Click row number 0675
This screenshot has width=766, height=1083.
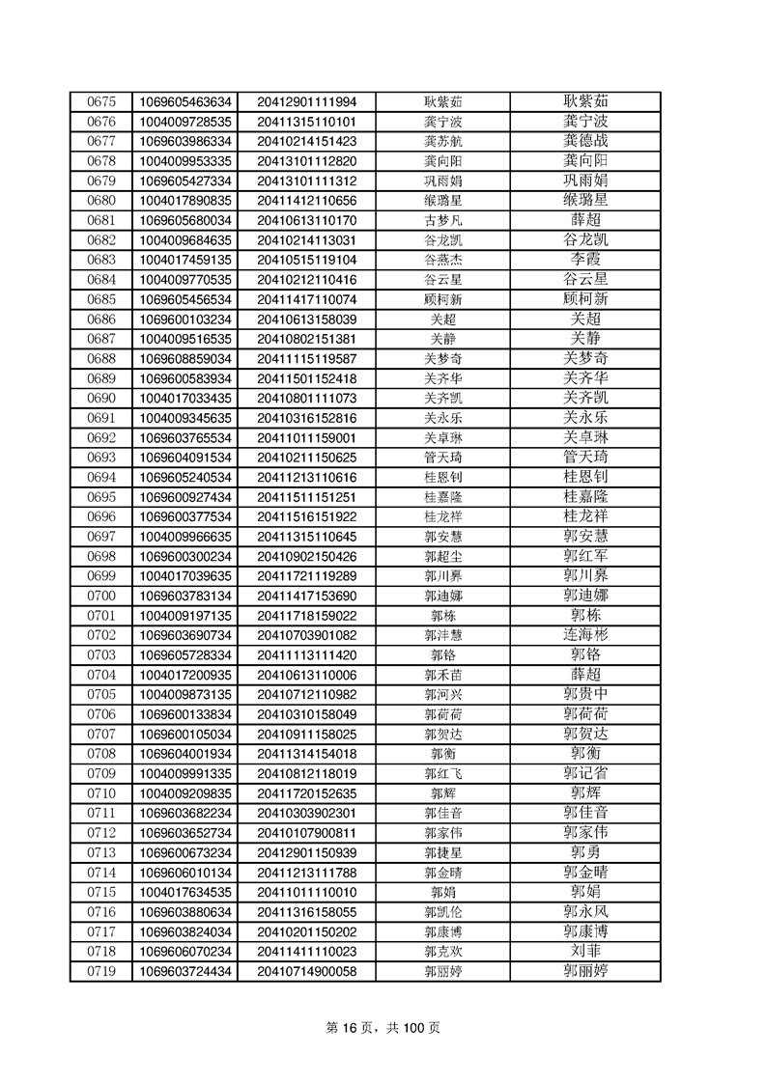(101, 101)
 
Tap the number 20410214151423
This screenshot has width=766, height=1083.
(307, 141)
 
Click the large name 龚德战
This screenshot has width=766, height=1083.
(585, 141)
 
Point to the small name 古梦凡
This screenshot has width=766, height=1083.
(443, 220)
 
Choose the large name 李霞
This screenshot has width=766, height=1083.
(585, 260)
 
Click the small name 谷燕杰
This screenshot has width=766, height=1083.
(443, 260)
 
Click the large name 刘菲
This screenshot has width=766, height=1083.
(585, 952)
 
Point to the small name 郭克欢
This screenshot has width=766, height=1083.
(443, 952)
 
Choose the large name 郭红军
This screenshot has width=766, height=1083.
(585, 556)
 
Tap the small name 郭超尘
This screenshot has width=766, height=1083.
(443, 556)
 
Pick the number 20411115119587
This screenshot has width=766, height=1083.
(307, 358)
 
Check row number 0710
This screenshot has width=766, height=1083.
(101, 793)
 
